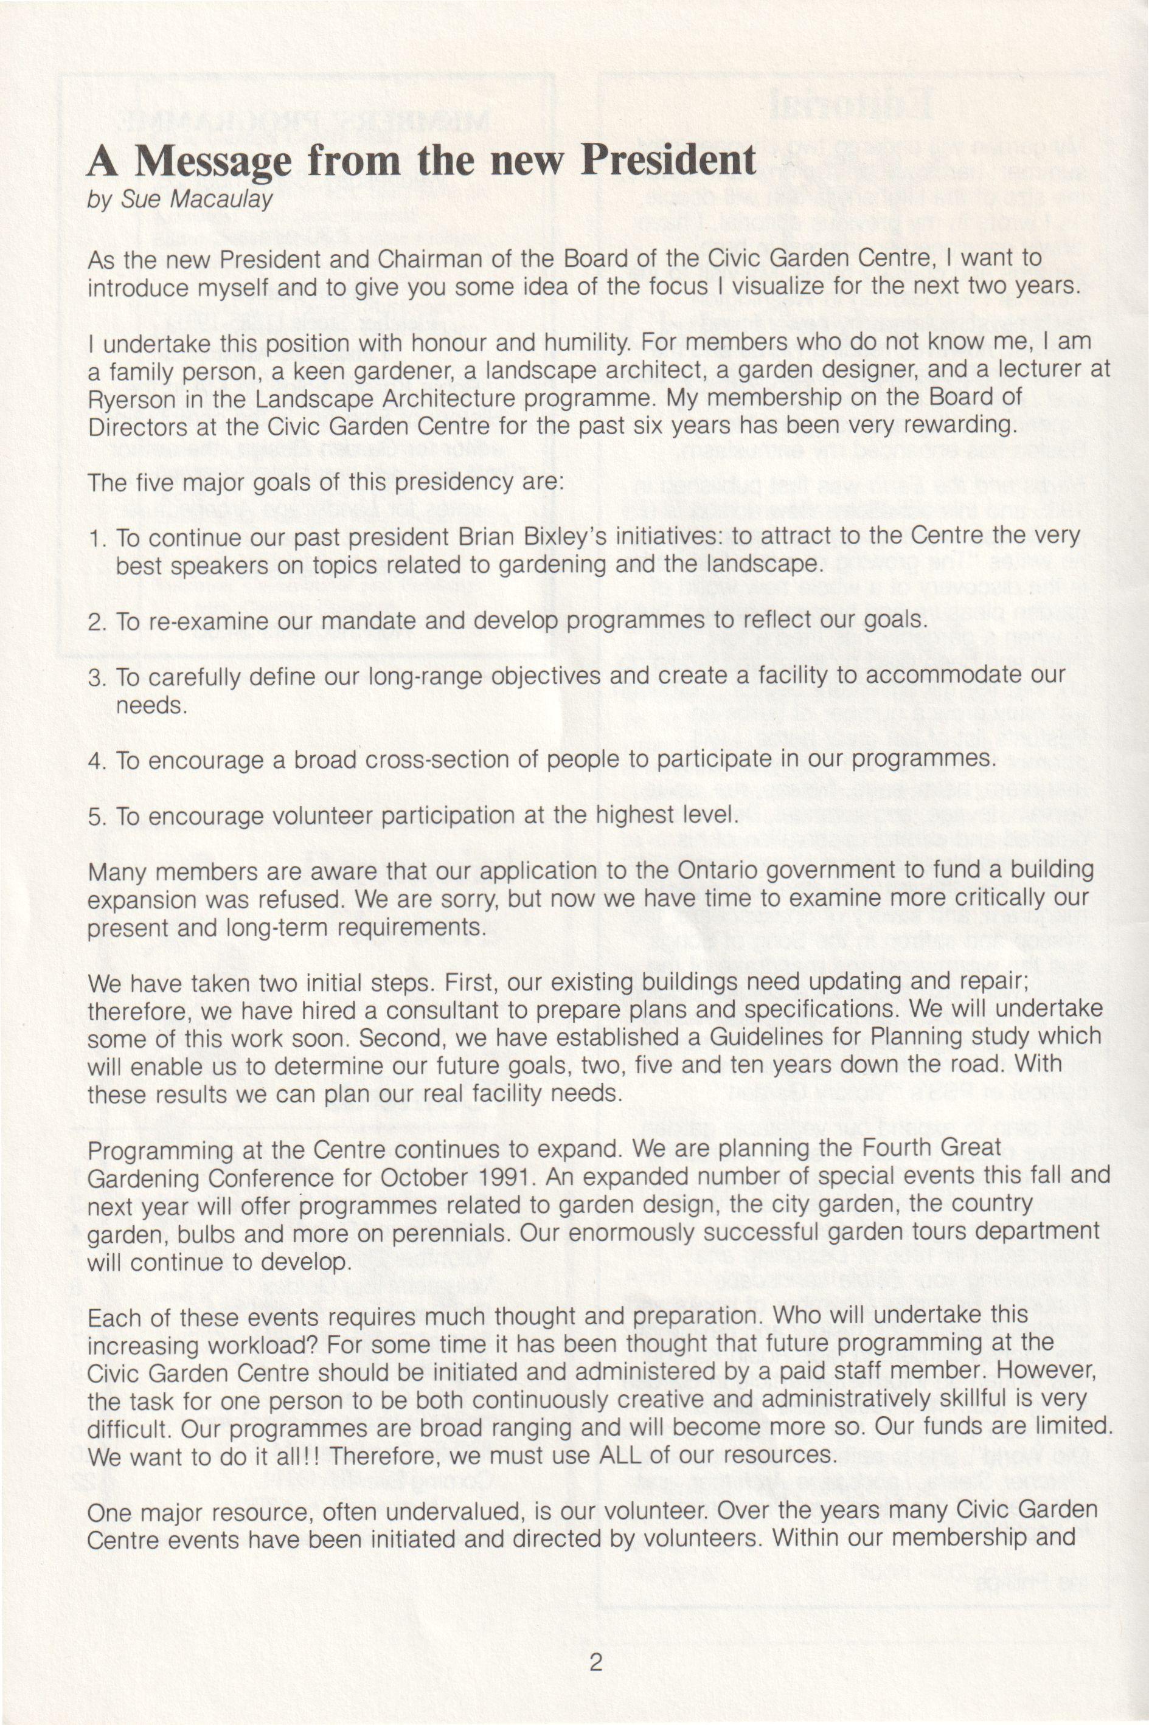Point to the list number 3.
tap(97, 677)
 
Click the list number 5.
tap(97, 817)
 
